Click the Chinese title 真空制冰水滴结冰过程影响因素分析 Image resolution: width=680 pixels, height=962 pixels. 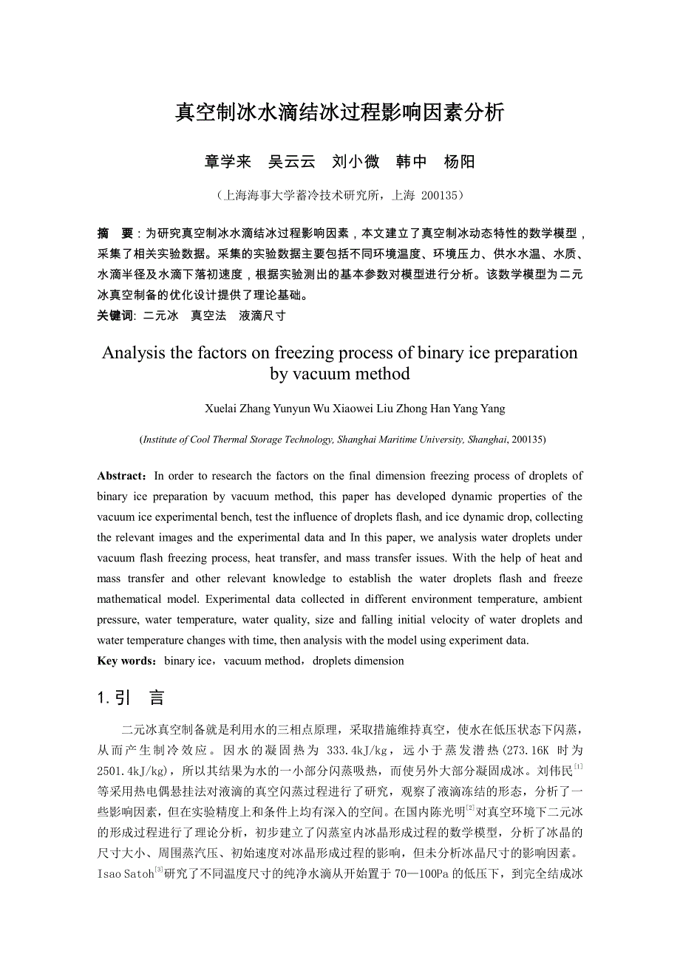click(340, 112)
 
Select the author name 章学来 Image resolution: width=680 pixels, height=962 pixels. click(228, 162)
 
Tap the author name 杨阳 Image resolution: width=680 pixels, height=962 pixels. click(459, 162)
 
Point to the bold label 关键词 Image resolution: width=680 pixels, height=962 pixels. click(115, 315)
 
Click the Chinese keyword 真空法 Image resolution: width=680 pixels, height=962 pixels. click(208, 315)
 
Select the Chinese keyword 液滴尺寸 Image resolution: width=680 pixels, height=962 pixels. click(262, 315)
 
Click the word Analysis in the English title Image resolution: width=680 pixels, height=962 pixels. click(134, 352)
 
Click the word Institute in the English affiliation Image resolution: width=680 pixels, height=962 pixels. click(159, 440)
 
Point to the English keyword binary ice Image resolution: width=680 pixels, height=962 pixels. click(188, 661)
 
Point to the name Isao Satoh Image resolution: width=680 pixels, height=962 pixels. click(124, 875)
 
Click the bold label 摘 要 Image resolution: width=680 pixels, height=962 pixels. click(115, 233)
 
